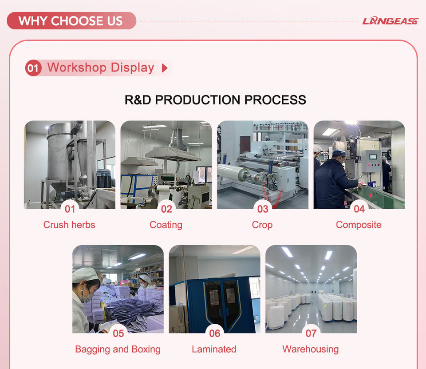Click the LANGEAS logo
[x=390, y=21]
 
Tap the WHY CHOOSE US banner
[x=71, y=21]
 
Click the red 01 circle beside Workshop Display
[x=33, y=68]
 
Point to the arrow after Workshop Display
[x=164, y=68]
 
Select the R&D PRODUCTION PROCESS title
[x=215, y=100]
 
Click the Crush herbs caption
[x=69, y=225]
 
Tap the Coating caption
[x=166, y=225]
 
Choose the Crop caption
[x=262, y=225]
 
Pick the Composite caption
[x=359, y=225]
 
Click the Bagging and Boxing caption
[x=118, y=349]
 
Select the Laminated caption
[x=214, y=349]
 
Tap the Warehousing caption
[x=311, y=349]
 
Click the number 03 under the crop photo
[x=263, y=209]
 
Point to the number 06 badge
[x=215, y=333]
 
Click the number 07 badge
[x=311, y=333]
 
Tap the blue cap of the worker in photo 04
[x=339, y=153]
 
